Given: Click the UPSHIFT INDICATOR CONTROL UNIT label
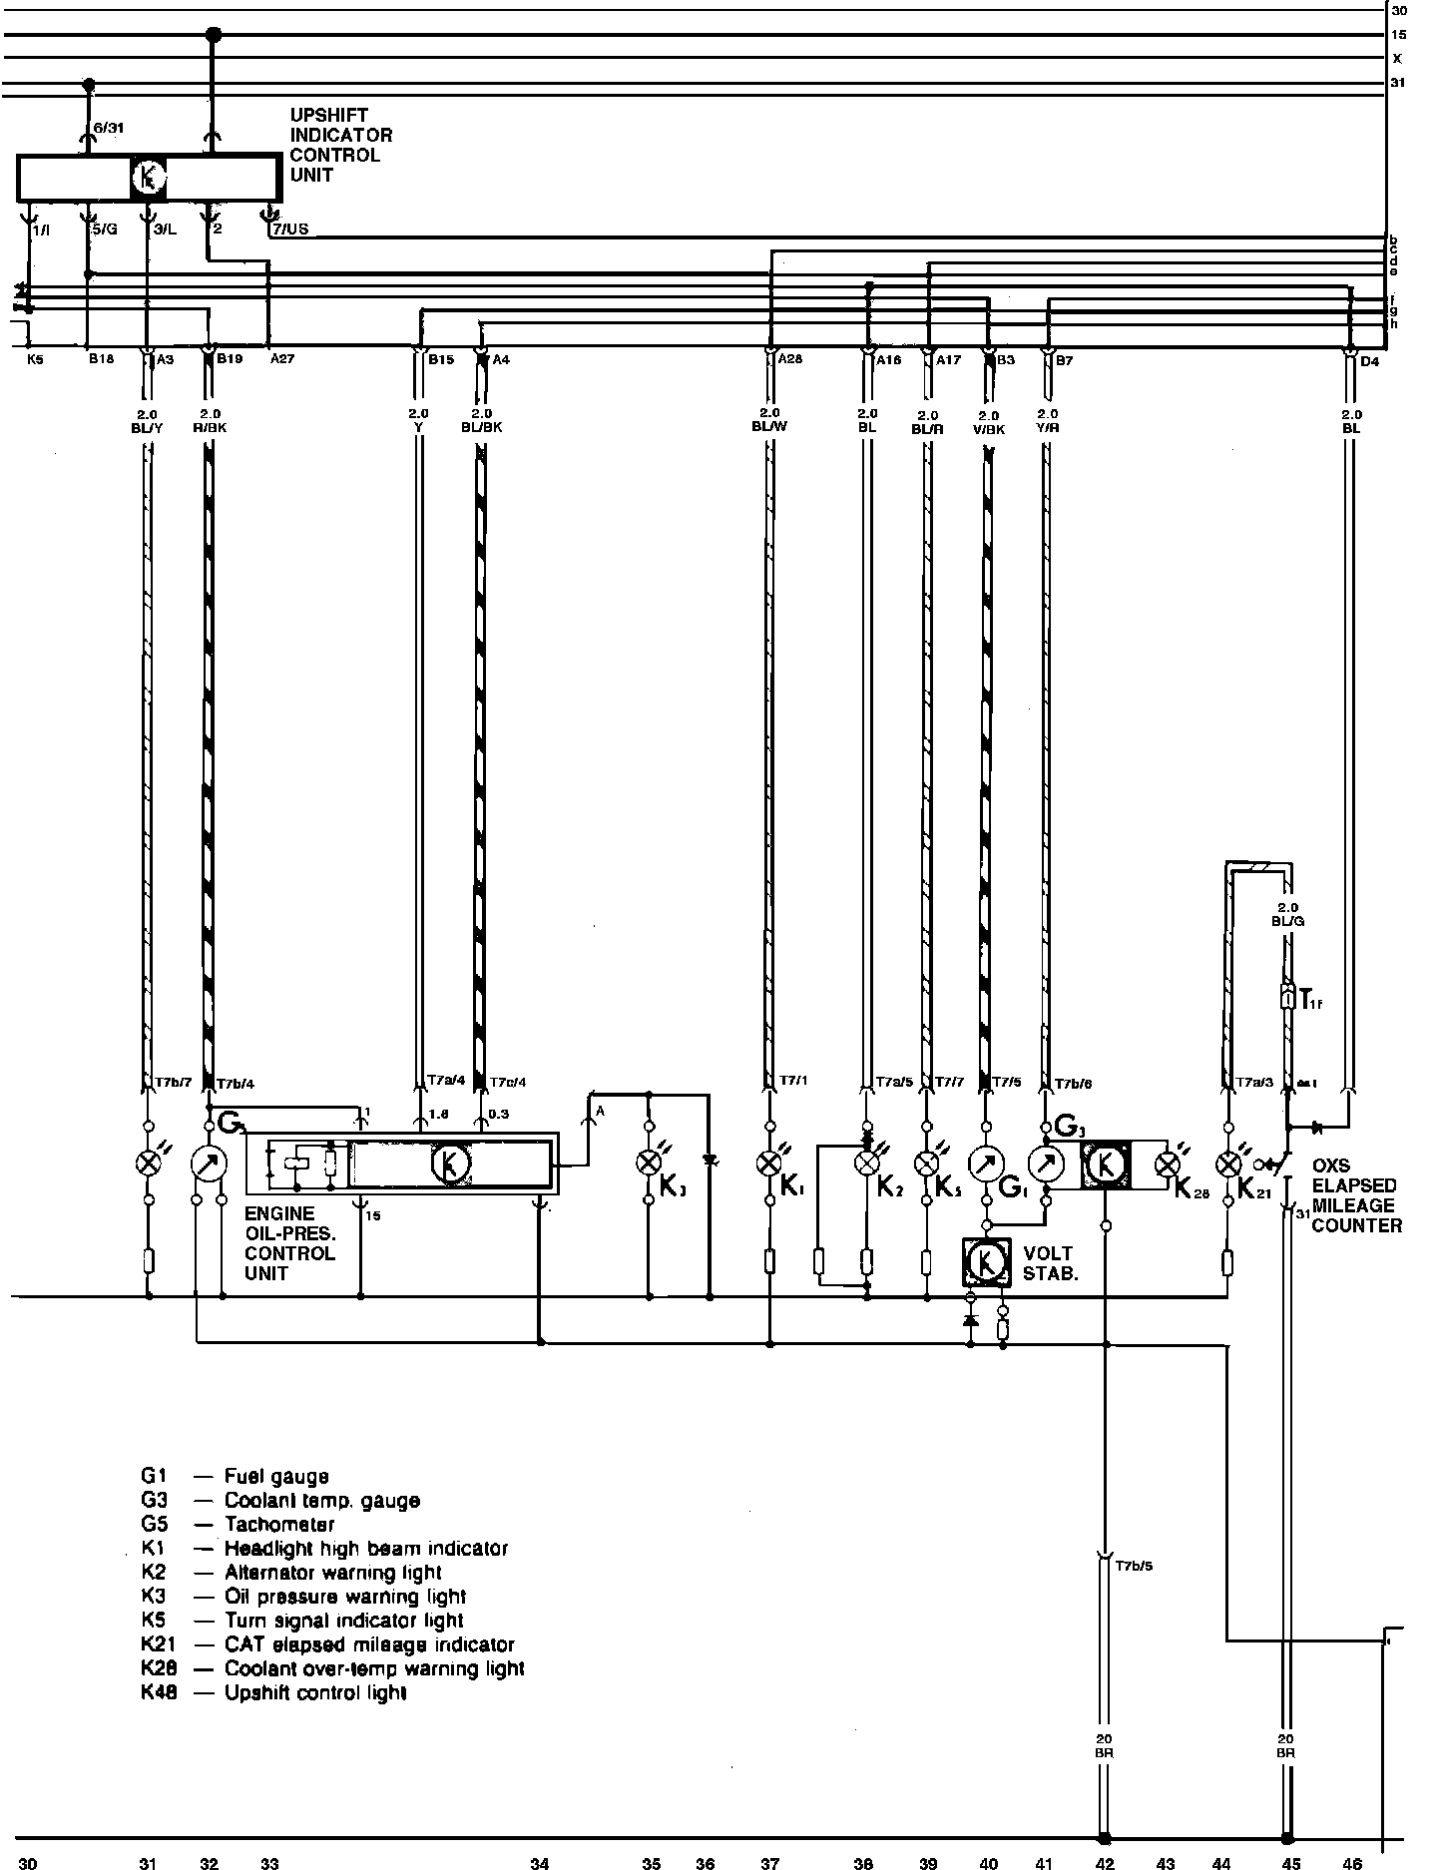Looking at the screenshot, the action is coord(340,145).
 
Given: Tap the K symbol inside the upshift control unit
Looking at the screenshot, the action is coord(149,179).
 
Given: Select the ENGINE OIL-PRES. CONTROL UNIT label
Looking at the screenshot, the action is coord(290,1243).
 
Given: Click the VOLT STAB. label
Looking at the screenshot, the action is coord(1048,1263).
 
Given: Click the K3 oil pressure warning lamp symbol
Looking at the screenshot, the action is coord(649,1163).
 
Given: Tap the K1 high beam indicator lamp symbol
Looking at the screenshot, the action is coord(769,1163).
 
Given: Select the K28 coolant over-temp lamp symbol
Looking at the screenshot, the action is coord(1164,1164).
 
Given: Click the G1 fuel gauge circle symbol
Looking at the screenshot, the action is coord(986,1164).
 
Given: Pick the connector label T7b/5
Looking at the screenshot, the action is coord(1134,1566).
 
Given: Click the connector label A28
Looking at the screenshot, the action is coord(789,359).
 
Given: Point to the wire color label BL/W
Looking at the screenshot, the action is coord(769,426).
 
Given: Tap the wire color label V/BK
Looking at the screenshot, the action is coord(988,429).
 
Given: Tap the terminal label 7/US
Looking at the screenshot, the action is coord(290,230).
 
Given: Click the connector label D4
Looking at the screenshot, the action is coord(1369,361).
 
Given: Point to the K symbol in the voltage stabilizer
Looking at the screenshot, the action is coord(986,1262).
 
